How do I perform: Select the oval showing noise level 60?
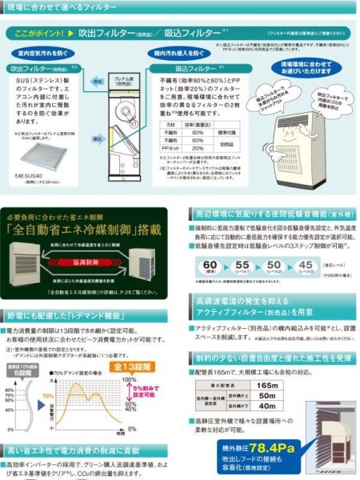click(214, 264)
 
